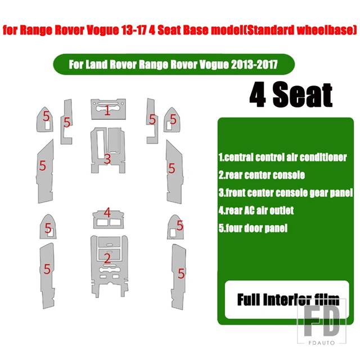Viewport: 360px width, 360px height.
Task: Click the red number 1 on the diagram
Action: click(107, 110)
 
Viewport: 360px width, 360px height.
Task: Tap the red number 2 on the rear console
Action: click(107, 258)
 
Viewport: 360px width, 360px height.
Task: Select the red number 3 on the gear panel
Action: click(107, 159)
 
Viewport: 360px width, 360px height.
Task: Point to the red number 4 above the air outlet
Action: click(107, 213)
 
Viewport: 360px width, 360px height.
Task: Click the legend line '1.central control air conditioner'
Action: click(282, 157)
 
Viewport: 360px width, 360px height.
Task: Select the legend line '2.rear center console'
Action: click(262, 175)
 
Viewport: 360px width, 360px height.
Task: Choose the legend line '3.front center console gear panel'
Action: click(285, 192)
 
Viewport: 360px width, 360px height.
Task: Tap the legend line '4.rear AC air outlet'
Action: click(256, 210)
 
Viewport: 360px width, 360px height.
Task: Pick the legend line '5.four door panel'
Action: click(253, 228)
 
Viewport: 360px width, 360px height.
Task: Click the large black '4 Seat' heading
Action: click(291, 94)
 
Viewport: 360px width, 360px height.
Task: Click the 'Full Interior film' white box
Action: click(287, 299)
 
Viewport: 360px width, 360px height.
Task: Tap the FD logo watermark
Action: click(322, 321)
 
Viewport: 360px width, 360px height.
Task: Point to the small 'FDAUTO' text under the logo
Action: click(322, 343)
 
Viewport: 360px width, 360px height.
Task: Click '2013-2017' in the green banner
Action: click(254, 65)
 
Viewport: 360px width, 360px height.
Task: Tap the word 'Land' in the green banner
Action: click(95, 65)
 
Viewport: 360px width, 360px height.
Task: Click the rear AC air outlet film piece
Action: click(109, 220)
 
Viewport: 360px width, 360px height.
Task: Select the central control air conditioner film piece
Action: click(109, 109)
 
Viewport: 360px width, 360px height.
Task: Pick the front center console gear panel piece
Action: click(108, 150)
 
